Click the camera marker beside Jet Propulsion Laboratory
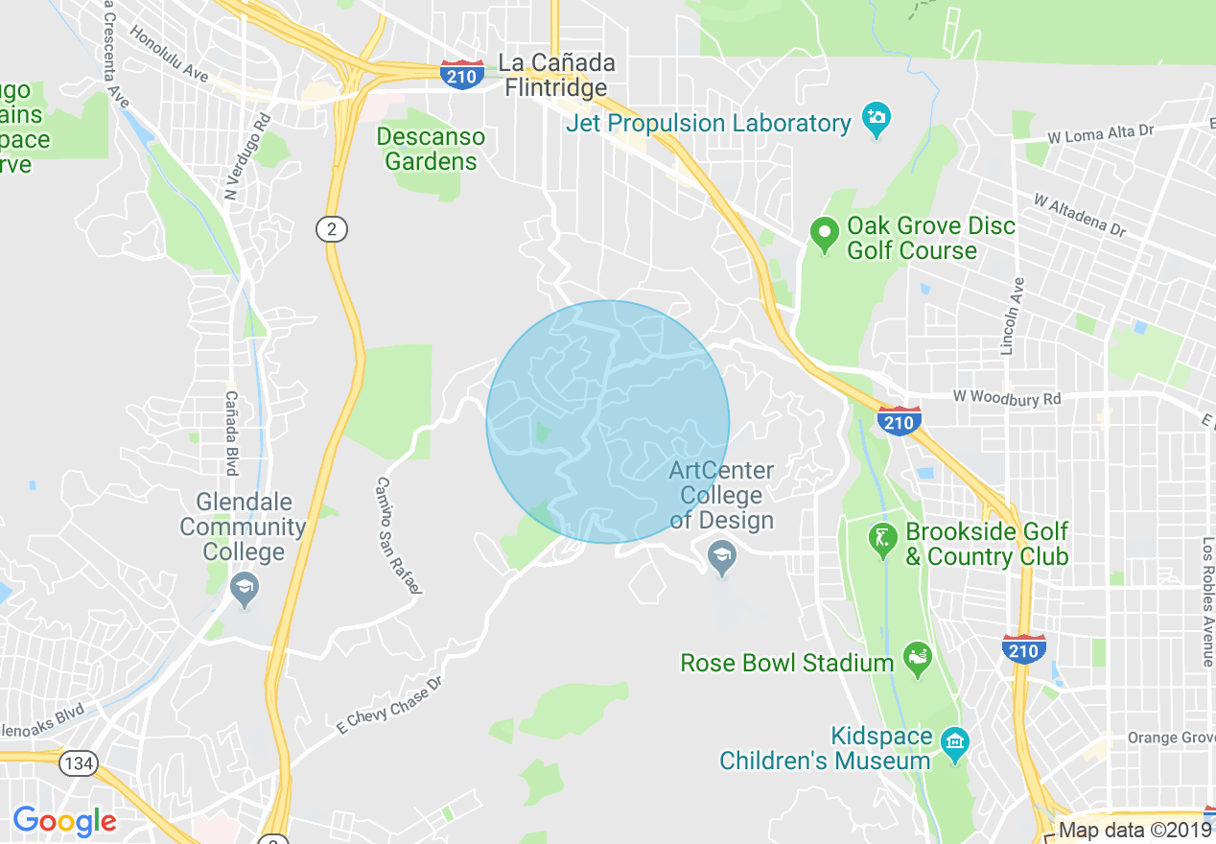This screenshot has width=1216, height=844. coord(876,120)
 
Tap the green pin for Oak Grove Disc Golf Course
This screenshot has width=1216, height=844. coord(823,234)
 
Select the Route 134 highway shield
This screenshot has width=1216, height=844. coord(78,763)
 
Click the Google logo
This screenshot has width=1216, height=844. coord(64,821)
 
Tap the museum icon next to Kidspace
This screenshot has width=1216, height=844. coord(954,742)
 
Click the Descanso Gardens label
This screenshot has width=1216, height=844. coord(431,149)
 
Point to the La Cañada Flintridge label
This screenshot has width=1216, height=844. coord(556,75)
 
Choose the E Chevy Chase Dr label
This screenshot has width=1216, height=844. coord(389,706)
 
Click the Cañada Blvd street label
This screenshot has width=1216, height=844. coord(231,433)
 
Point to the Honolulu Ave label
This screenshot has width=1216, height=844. coord(170,52)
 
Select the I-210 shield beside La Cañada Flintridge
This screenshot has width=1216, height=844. coord(462,74)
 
